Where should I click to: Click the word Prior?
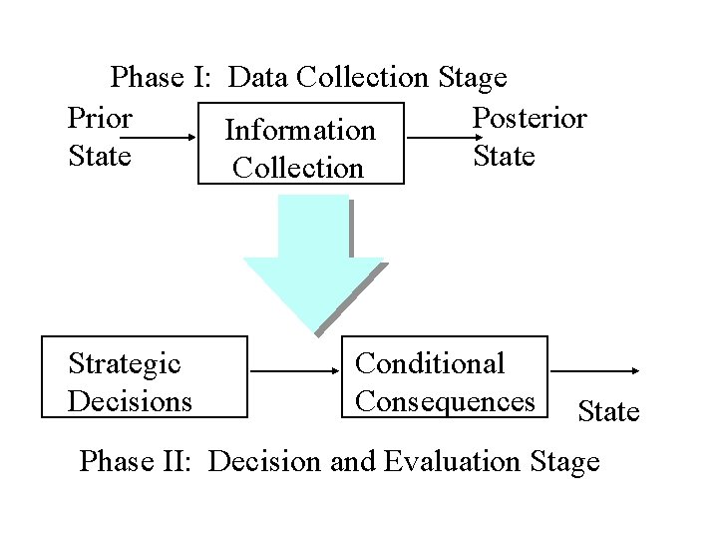[x=100, y=119]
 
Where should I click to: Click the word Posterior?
[x=530, y=119]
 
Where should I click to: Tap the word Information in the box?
[x=300, y=131]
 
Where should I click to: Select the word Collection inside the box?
[x=298, y=168]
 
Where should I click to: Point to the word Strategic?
[x=125, y=363]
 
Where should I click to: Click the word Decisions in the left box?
[x=130, y=401]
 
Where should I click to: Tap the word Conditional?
[x=430, y=363]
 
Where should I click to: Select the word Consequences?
[x=445, y=401]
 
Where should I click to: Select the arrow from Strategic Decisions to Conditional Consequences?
[x=295, y=370]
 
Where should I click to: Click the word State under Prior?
[x=99, y=157]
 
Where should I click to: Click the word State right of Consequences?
[x=608, y=411]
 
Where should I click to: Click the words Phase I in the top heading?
[x=167, y=77]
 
